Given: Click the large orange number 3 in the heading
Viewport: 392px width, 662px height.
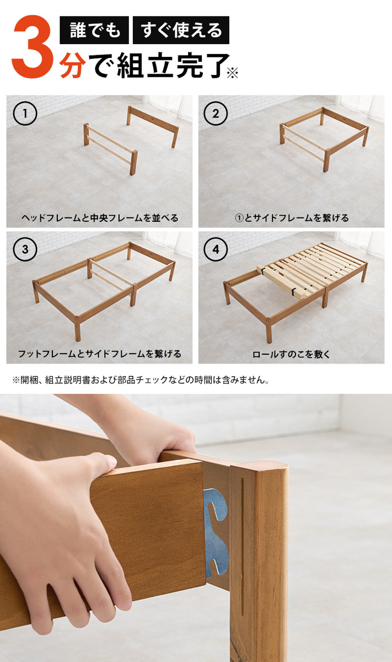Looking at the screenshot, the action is (x=33, y=47).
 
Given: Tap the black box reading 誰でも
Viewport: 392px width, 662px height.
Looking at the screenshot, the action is (x=94, y=30).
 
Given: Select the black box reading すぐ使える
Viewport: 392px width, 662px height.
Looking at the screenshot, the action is (x=181, y=30).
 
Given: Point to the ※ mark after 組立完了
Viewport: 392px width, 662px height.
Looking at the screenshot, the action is (x=233, y=73).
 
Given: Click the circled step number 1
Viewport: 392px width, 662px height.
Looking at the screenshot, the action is (x=25, y=114).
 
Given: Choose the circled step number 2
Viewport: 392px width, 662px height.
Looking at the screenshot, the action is (x=216, y=114).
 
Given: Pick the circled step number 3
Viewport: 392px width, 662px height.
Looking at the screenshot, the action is (x=25, y=249).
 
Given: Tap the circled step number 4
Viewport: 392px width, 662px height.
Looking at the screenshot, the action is (x=216, y=249).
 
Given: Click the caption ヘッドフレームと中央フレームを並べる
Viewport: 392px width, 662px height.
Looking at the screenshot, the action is (x=100, y=218).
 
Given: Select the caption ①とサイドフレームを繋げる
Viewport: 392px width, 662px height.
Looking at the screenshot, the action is (x=292, y=218).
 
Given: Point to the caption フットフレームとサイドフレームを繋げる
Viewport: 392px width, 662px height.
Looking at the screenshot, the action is (x=100, y=354).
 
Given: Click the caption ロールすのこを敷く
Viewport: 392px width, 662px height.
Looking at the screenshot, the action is (x=291, y=354).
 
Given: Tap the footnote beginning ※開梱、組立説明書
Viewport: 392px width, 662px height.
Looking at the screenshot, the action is (x=141, y=380).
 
